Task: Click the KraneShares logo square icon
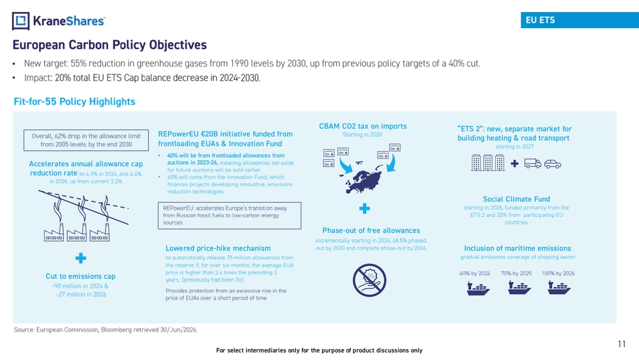(21, 21)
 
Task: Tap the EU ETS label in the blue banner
(540, 20)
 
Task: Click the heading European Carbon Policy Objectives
(110, 45)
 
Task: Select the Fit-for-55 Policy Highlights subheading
(75, 102)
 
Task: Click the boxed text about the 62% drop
(86, 140)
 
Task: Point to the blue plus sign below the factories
(81, 258)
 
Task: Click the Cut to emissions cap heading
(81, 276)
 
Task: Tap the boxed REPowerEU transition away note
(229, 215)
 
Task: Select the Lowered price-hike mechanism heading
(218, 248)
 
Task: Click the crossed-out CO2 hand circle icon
(369, 280)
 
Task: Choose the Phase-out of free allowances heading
(371, 230)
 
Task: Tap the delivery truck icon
(533, 164)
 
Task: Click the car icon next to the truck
(553, 164)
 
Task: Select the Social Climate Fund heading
(516, 199)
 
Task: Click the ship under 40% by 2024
(478, 288)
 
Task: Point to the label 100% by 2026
(558, 273)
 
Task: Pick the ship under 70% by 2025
(519, 288)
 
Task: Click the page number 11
(622, 344)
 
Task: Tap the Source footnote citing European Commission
(105, 329)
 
